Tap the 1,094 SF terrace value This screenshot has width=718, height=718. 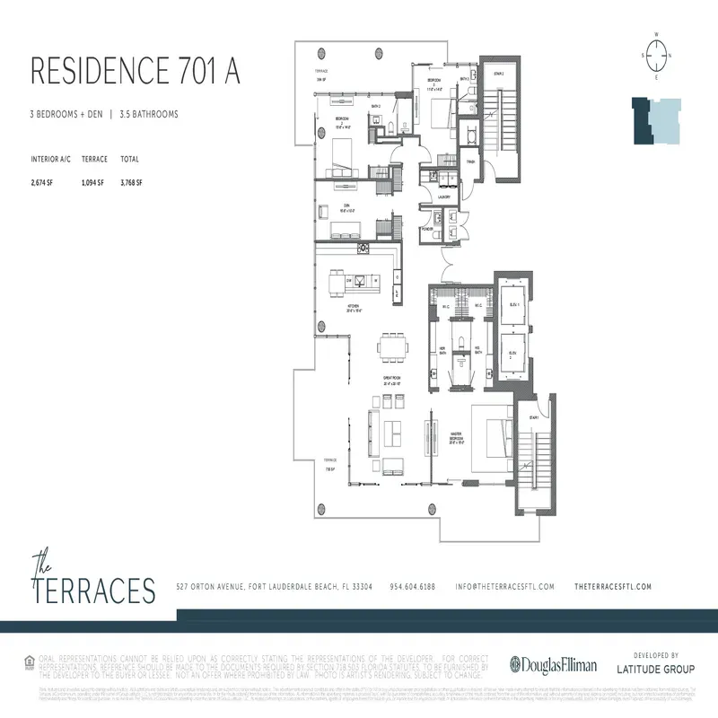tap(93, 182)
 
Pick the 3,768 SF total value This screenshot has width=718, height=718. tap(130, 182)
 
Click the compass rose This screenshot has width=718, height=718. tap(657, 55)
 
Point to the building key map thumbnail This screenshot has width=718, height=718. tap(653, 120)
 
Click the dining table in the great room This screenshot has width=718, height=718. tap(392, 346)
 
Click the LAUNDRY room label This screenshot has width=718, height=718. tap(443, 196)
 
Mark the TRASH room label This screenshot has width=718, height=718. tap(471, 162)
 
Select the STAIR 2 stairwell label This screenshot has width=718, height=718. tap(499, 74)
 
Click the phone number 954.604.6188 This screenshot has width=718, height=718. tap(413, 586)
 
